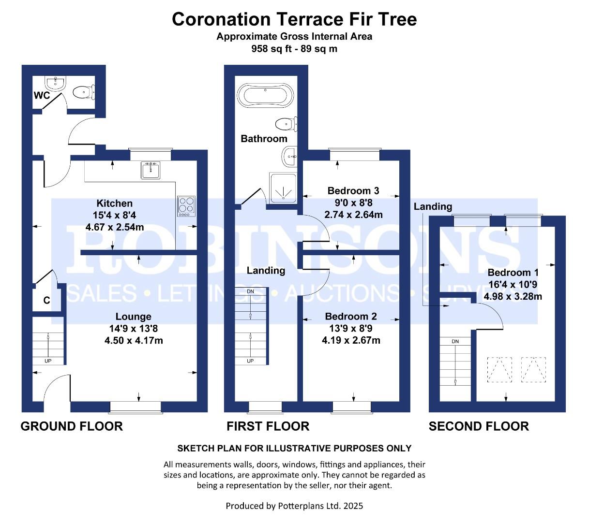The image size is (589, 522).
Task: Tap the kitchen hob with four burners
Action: pos(186,206)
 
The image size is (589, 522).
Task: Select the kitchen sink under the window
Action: pos(151,170)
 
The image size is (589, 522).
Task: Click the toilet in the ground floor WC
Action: pos(84,92)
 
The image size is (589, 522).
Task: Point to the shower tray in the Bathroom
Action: pos(283,188)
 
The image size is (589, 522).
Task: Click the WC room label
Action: pos(42,95)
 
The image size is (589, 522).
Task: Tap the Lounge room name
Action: pos(134,317)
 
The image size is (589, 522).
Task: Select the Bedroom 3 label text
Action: pos(353,191)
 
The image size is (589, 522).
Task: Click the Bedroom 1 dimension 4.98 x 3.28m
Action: pos(513,296)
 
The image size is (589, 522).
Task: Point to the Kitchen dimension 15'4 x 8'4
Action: pos(115,215)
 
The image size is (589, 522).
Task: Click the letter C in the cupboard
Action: pos(46,300)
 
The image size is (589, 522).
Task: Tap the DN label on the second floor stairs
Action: pos(455,341)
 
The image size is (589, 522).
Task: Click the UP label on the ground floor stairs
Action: pos(48,361)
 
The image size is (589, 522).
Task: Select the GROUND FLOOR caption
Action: pos(72,426)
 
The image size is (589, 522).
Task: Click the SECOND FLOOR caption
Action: pos(479,426)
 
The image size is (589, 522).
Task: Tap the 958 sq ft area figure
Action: pos(272,48)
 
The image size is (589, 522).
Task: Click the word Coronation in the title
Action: pos(221,19)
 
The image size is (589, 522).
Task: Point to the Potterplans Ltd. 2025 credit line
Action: pos(294,506)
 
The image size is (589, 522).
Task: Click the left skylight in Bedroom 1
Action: pos(499,370)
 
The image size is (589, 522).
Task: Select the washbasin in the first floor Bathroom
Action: pos(289,157)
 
